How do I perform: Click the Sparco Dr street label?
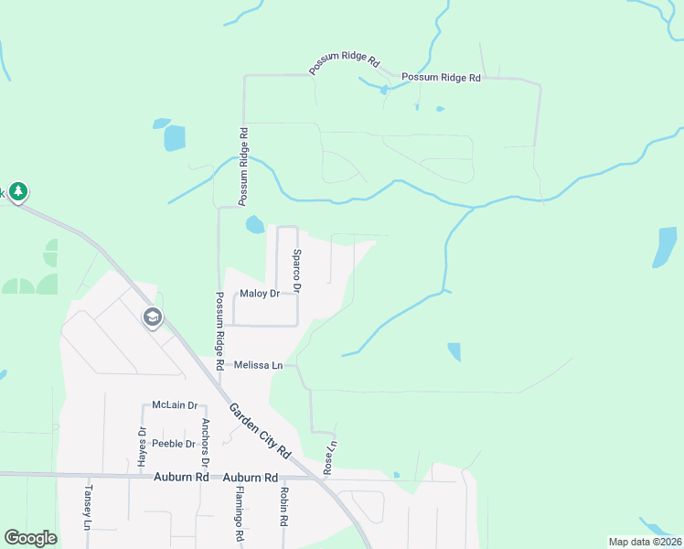[297, 270]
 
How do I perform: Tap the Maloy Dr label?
[259, 294]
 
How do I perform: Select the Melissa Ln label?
[258, 365]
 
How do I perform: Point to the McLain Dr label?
[175, 405]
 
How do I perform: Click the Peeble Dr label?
[174, 444]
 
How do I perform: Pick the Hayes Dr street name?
[143, 447]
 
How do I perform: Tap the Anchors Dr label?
[206, 436]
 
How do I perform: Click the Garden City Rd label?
[259, 431]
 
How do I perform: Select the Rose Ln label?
[331, 458]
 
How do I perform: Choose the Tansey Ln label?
[89, 508]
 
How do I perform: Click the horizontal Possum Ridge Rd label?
[441, 78]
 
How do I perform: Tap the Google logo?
[30, 538]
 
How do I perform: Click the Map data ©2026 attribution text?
[644, 542]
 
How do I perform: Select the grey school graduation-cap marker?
[152, 318]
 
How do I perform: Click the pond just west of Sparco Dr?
[254, 224]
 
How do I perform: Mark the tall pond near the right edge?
[665, 247]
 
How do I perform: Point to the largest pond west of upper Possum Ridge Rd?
[173, 138]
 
